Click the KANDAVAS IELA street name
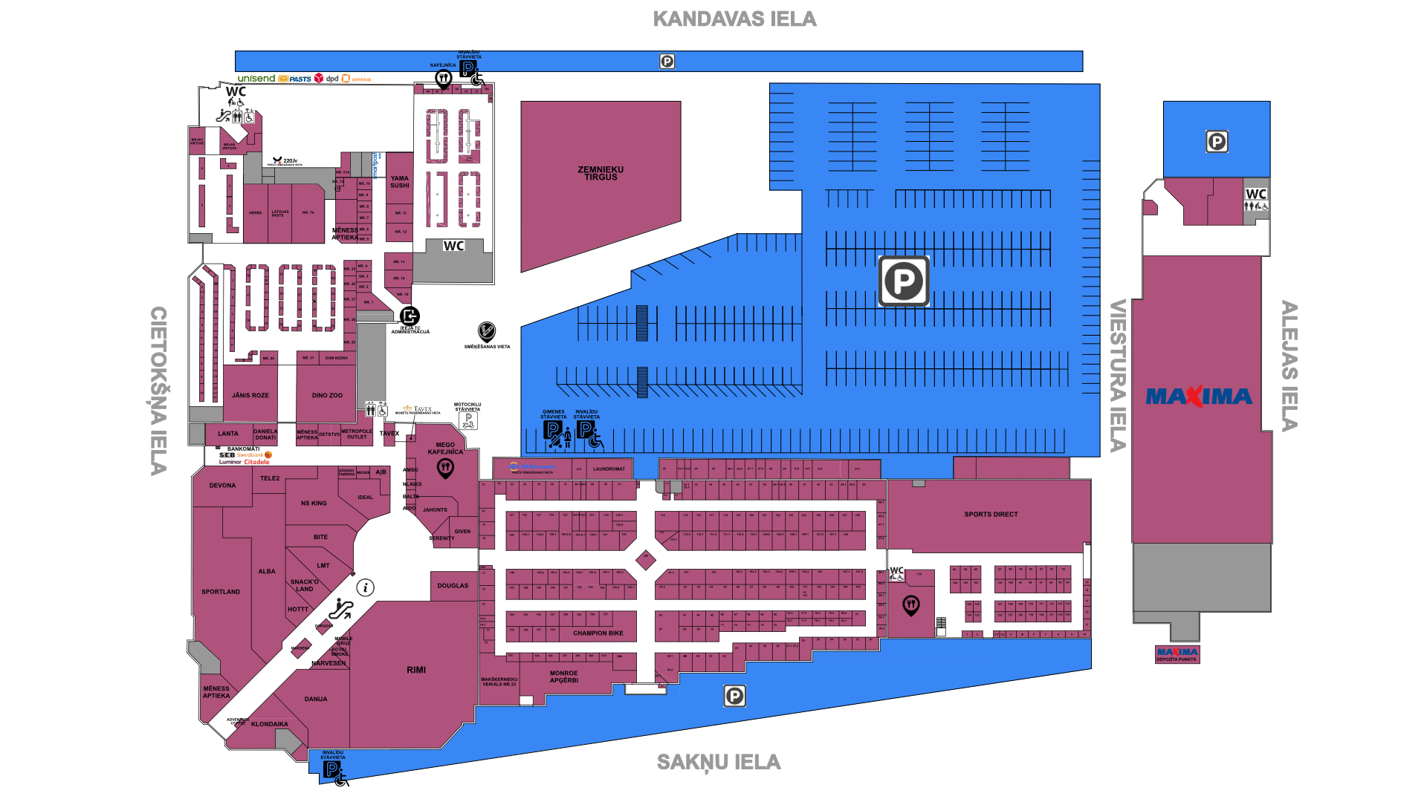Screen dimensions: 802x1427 734,19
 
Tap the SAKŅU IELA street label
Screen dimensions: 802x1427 719,763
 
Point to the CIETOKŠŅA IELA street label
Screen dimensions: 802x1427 158,391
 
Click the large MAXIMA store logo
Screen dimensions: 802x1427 1199,397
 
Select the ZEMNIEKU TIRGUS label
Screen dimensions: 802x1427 601,174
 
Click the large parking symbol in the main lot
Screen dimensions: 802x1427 904,281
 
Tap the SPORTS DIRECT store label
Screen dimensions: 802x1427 991,515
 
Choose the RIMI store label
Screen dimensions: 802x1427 416,670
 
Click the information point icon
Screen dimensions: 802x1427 365,588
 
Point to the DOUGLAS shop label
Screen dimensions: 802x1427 453,586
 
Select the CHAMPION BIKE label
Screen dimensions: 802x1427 598,633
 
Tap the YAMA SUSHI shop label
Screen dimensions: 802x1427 400,182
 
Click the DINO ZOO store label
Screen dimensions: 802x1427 327,396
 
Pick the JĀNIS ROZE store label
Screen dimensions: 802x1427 250,396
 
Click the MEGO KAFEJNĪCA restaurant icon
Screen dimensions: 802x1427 445,468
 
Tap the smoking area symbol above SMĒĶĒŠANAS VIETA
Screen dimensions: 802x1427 487,331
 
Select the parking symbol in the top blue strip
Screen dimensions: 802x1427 667,62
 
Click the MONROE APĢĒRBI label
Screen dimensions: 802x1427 564,677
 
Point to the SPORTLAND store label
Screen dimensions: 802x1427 221,592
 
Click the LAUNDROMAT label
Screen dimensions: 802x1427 609,469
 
